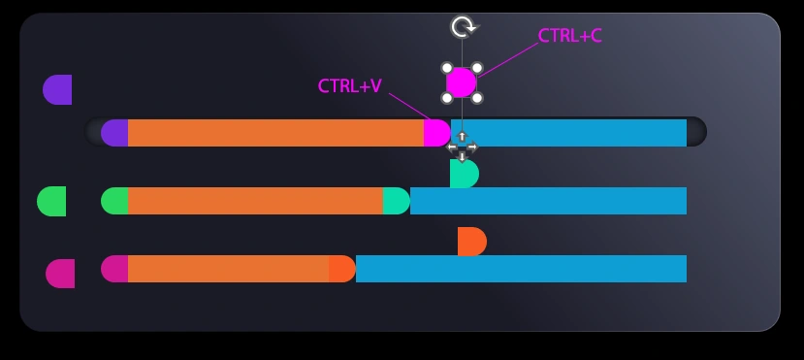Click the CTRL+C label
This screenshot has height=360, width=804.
(x=569, y=36)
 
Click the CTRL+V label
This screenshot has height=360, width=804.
(x=349, y=86)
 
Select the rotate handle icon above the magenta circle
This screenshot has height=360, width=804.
(x=463, y=27)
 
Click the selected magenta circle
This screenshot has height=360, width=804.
(x=462, y=82)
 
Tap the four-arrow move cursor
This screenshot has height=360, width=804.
(x=462, y=147)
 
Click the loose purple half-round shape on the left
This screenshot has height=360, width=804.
(x=58, y=89)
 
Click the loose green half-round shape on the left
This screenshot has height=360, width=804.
(x=52, y=201)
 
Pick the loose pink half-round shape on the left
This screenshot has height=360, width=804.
(x=61, y=274)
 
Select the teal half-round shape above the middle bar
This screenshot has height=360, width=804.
(x=464, y=174)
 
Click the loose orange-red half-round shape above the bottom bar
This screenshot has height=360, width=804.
(x=471, y=242)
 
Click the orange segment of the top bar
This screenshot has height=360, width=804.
(x=275, y=133)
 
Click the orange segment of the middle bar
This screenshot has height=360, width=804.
(x=255, y=201)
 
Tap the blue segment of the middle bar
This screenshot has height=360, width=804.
(x=548, y=201)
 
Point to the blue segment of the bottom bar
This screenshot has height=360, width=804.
(x=521, y=269)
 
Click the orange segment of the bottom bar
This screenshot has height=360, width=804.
(x=228, y=269)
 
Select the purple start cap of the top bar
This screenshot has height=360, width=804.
(x=115, y=133)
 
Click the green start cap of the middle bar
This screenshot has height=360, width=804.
(x=115, y=201)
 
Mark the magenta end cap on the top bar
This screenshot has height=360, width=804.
(x=436, y=133)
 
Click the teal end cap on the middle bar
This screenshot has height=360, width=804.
(x=396, y=201)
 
